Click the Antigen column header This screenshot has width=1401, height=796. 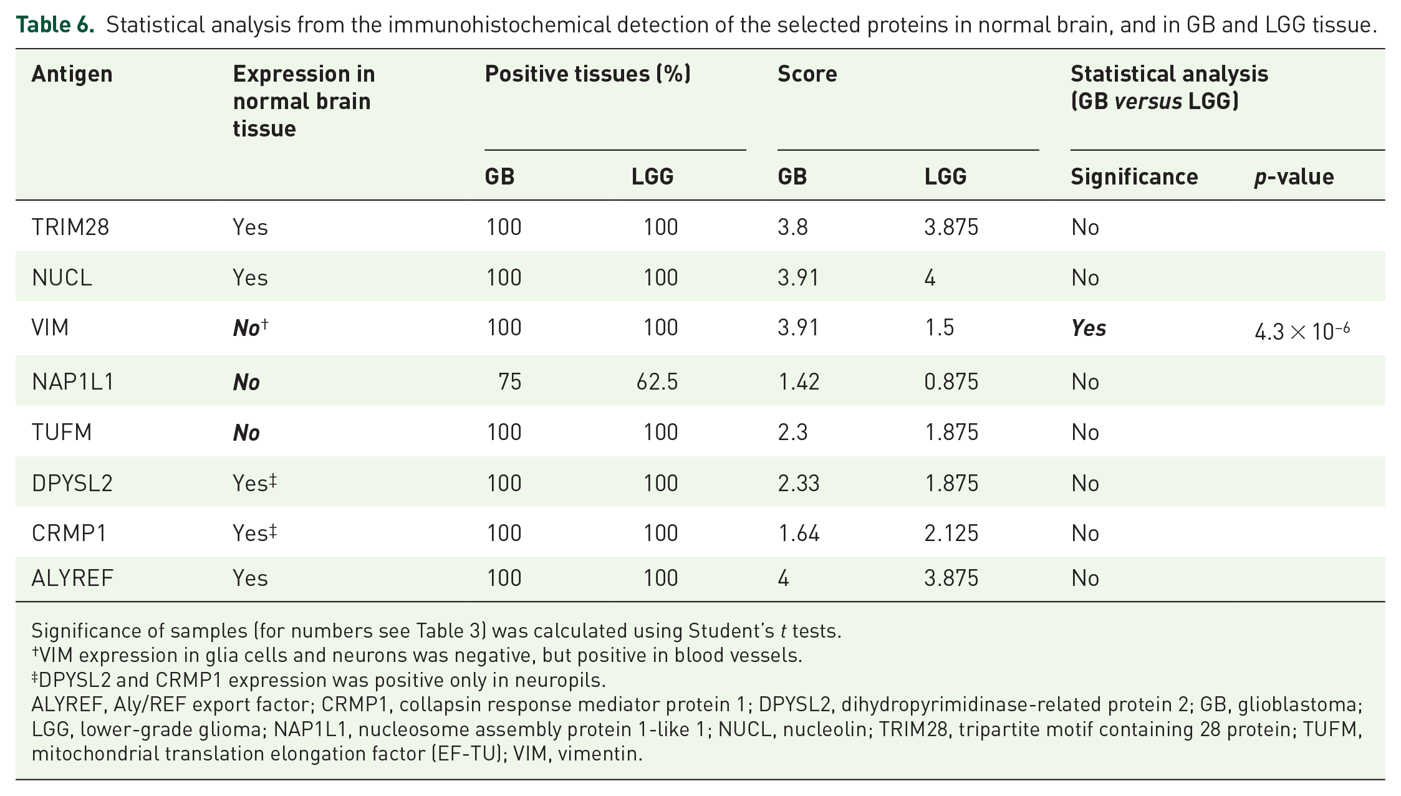72,74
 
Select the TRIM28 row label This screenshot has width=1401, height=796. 70,227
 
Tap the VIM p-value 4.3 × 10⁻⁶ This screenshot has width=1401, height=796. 1302,330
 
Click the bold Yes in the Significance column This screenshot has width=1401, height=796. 1089,328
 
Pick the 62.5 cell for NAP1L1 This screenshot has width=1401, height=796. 657,381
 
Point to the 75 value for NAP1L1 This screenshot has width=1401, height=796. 510,381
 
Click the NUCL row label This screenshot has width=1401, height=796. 62,277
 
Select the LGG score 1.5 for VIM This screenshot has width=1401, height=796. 939,327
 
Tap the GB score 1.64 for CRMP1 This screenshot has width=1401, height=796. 799,533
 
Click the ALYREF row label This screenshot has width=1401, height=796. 72,578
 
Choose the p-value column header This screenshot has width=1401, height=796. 1294,177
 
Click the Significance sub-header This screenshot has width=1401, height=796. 1134,177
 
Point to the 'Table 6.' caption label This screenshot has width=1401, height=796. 55,24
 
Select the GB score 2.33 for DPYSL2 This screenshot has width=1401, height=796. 799,483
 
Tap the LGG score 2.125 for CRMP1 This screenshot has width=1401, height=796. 951,533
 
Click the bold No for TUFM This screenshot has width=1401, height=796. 246,433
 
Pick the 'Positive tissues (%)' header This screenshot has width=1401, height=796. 588,74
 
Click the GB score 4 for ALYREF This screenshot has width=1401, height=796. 784,578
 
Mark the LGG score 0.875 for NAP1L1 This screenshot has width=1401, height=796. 951,381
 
